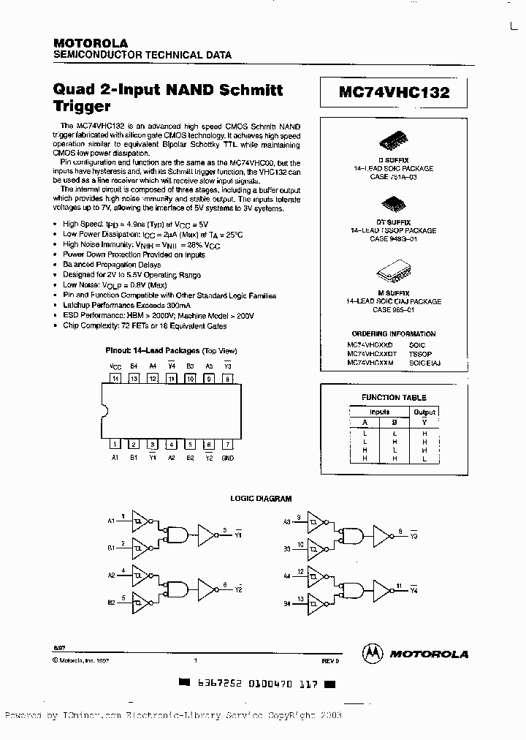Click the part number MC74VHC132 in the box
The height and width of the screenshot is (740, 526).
click(x=394, y=93)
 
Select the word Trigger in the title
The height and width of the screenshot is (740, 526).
click(x=82, y=107)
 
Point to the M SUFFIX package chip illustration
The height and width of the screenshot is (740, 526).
click(x=394, y=274)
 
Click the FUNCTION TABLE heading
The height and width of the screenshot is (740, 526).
click(x=394, y=398)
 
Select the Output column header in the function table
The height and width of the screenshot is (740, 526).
click(x=424, y=412)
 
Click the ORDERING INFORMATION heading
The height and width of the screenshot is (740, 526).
click(x=394, y=333)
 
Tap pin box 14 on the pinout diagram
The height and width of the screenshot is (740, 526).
click(x=115, y=379)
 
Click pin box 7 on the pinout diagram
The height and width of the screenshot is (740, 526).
click(x=228, y=444)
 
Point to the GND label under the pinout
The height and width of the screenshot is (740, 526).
click(x=228, y=458)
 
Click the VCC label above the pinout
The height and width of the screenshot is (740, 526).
click(x=115, y=366)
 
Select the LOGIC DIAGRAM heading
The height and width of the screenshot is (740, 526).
click(x=262, y=499)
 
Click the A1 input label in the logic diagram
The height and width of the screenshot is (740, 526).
click(x=112, y=521)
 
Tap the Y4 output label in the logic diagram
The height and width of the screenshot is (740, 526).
click(x=413, y=589)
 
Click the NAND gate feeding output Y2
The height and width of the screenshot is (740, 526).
click(x=178, y=587)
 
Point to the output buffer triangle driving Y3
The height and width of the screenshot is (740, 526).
click(x=384, y=533)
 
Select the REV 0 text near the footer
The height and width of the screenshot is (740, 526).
click(x=330, y=661)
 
